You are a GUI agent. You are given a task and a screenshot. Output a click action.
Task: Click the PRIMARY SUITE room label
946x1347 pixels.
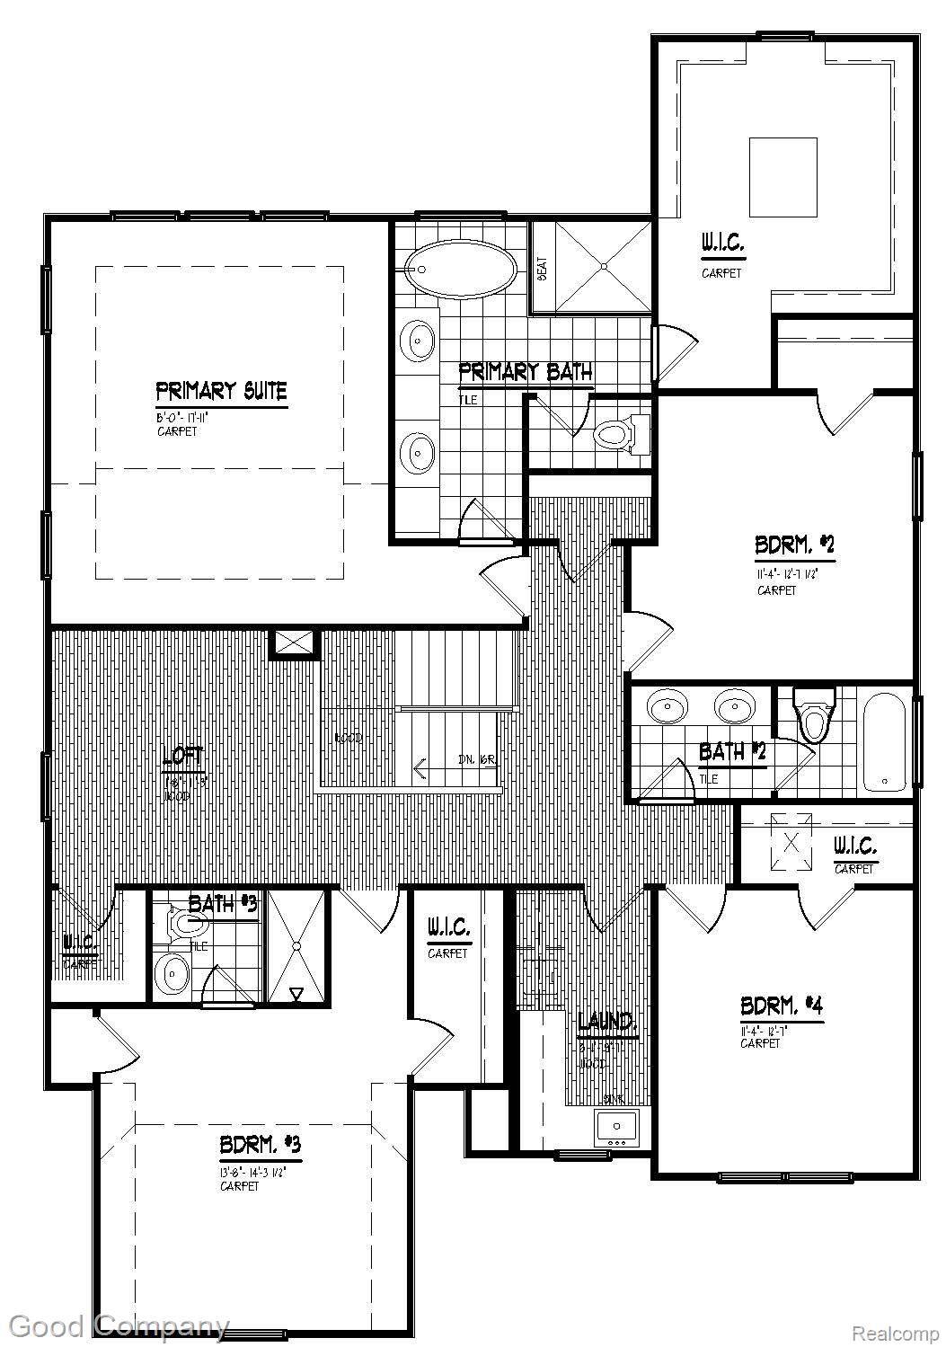coord(221,392)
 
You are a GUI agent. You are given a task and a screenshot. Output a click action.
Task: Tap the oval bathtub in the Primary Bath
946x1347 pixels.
coord(460,268)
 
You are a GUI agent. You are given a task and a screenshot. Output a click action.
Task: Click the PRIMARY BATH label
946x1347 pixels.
coord(525,372)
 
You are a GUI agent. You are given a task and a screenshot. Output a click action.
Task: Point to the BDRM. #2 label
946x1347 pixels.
coord(795,545)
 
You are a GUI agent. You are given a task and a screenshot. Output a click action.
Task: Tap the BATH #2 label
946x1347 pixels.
coord(732,751)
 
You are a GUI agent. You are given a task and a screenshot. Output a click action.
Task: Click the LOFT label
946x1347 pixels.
coord(183,758)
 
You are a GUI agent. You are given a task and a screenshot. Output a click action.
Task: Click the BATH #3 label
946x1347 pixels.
coord(223,904)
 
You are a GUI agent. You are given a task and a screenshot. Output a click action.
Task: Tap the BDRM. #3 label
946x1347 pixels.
coord(260,1147)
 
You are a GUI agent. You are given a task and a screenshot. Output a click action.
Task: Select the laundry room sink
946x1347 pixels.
coord(616,1126)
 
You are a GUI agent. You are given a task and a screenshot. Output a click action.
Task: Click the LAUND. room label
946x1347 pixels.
coord(607,1022)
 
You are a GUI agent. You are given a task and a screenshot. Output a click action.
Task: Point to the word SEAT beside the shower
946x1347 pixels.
coord(543,269)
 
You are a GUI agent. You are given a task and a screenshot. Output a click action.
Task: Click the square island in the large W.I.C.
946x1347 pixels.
coord(782,177)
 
